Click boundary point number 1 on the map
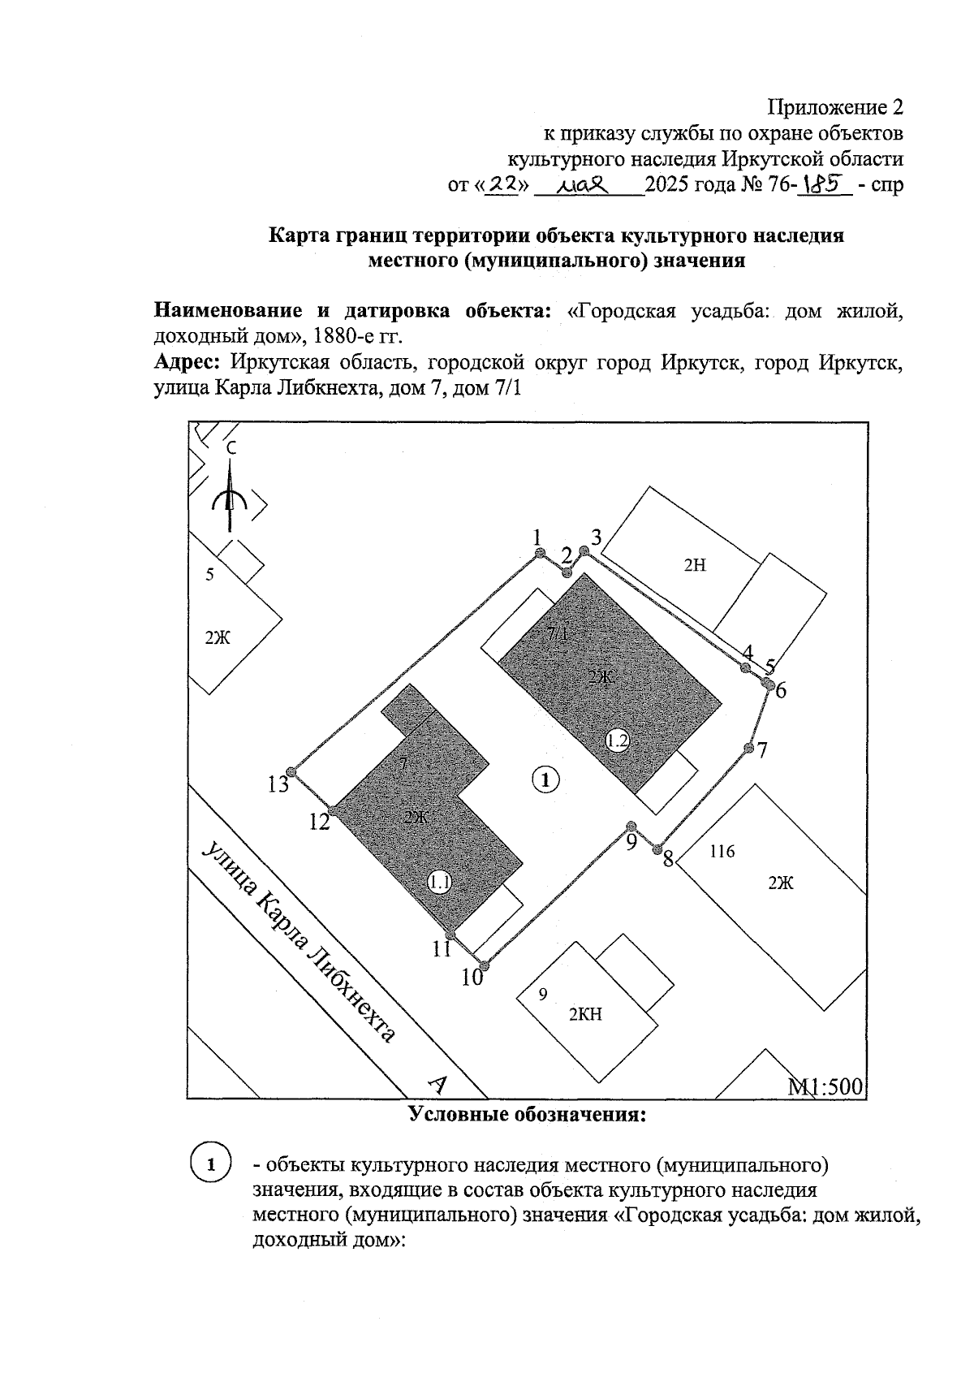539,553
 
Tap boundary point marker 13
295,772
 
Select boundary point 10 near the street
485,965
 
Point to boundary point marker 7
748,747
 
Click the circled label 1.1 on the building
440,883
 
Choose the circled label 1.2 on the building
618,740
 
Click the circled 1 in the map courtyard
546,779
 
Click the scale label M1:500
825,1087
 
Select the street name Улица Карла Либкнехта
300,942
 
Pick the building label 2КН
585,1014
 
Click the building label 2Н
695,566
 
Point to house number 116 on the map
722,852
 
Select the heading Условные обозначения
528,1114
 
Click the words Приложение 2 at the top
835,107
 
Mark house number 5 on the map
209,575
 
